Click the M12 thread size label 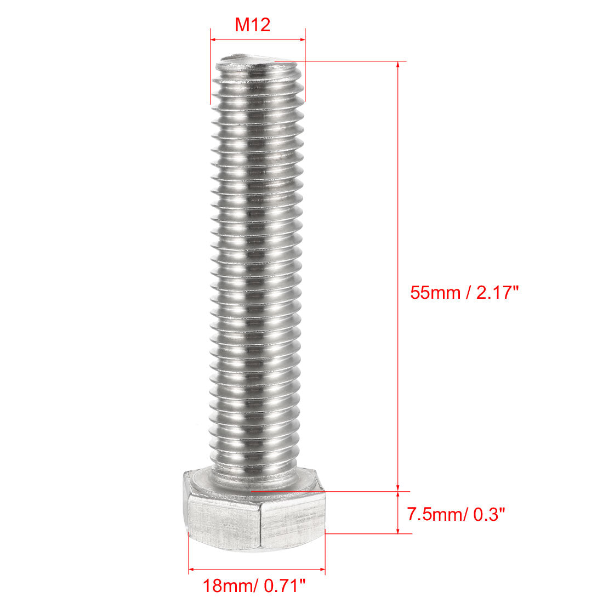253,25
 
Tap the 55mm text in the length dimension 435,292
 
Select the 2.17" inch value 497,292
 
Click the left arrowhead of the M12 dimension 213,39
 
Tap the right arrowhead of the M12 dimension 302,39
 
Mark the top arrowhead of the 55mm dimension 399,64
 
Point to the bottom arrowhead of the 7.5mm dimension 399,530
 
